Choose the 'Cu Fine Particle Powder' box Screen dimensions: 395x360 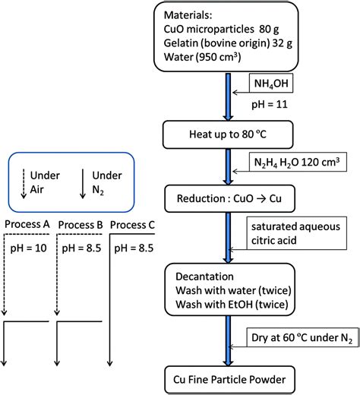point(227,378)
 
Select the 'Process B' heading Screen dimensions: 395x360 point(80,226)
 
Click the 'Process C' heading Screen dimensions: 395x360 point(134,226)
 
